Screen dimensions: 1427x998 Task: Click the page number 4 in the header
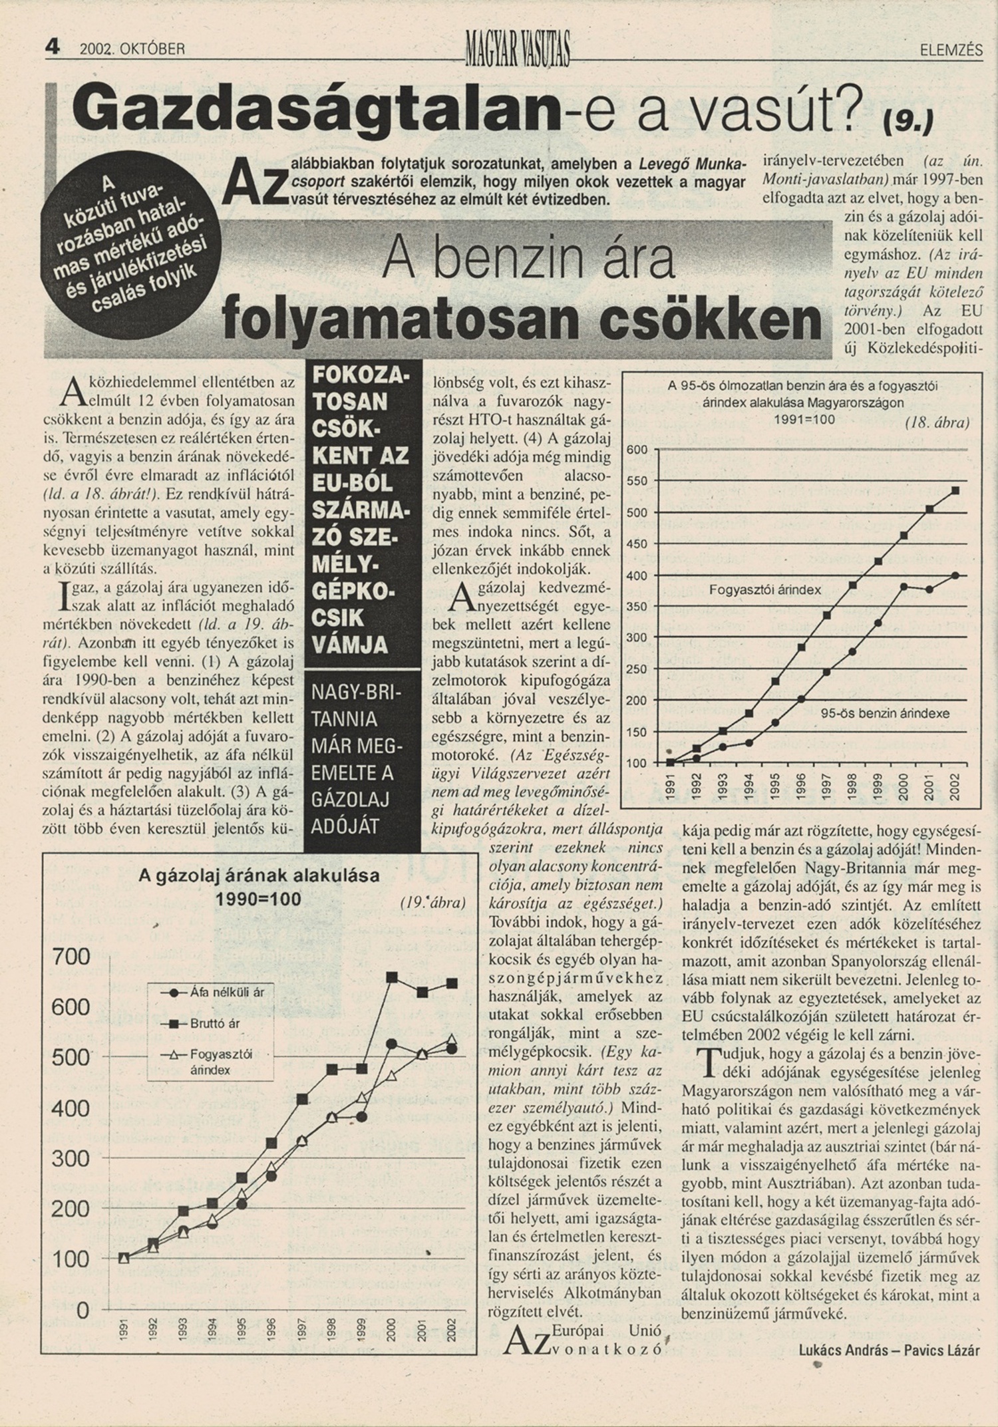[x=53, y=47]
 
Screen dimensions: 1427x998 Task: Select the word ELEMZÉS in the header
[x=951, y=50]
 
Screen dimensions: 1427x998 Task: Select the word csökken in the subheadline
[x=710, y=321]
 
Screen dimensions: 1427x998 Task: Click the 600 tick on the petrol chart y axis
[x=637, y=450]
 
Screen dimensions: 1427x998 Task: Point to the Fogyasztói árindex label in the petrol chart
[x=764, y=589]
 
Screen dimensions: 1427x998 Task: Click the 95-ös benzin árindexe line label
[x=885, y=713]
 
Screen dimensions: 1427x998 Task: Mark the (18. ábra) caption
[x=937, y=423]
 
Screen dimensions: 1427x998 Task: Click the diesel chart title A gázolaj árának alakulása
[x=259, y=875]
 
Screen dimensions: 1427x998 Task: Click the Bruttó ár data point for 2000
[x=392, y=977]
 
